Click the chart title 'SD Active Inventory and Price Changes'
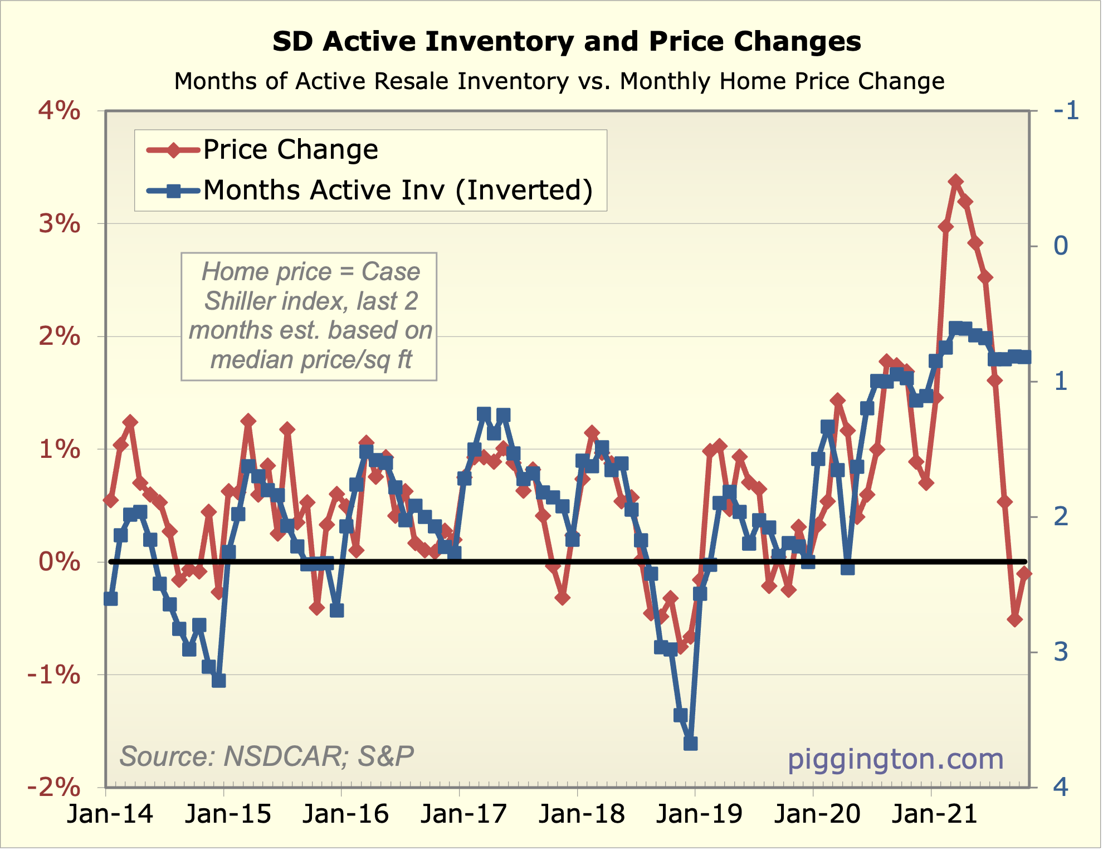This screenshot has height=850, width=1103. pyautogui.click(x=567, y=42)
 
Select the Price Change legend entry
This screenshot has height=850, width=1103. pyautogui.click(x=290, y=149)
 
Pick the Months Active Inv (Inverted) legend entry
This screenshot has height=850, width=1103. pyautogui.click(x=397, y=190)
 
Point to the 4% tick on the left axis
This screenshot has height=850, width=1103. pyautogui.click(x=59, y=111)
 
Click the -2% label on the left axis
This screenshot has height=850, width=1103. pyautogui.click(x=54, y=788)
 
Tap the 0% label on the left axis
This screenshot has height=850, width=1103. pyautogui.click(x=59, y=561)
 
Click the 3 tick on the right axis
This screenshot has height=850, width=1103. pyautogui.click(x=1061, y=652)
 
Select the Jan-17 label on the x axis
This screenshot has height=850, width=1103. pyautogui.click(x=463, y=814)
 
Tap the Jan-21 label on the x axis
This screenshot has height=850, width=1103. pyautogui.click(x=935, y=814)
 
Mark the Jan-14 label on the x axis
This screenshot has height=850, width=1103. pyautogui.click(x=110, y=814)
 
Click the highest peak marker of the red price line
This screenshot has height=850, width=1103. pyautogui.click(x=956, y=182)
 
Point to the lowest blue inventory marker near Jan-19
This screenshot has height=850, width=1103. pyautogui.click(x=690, y=743)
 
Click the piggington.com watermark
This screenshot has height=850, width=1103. pyautogui.click(x=895, y=759)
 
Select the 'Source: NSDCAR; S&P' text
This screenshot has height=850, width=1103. pyautogui.click(x=266, y=756)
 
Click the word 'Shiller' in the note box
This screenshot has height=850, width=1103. pyautogui.click(x=241, y=301)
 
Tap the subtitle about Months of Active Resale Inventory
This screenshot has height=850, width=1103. pyautogui.click(x=559, y=81)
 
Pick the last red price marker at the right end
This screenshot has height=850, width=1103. pyautogui.click(x=1024, y=574)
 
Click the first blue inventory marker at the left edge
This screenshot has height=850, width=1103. pyautogui.click(x=110, y=599)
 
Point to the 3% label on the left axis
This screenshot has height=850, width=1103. pyautogui.click(x=59, y=224)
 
